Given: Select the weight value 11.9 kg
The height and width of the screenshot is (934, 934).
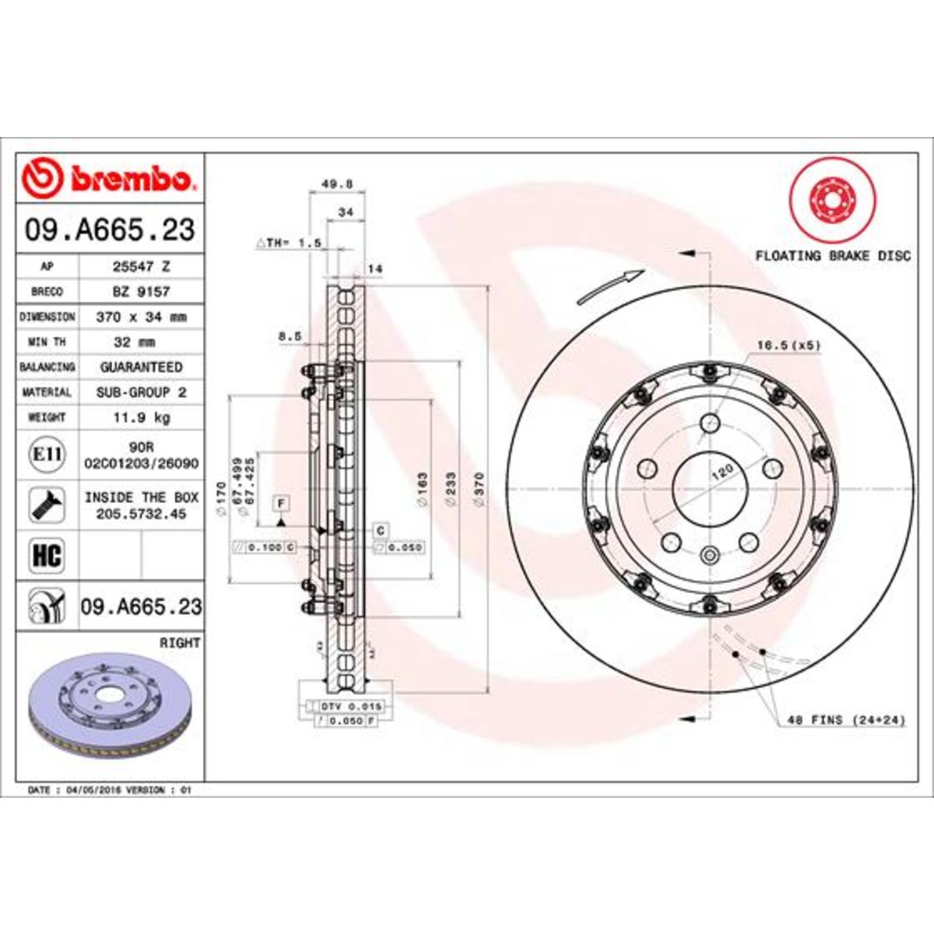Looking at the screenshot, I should (x=141, y=418).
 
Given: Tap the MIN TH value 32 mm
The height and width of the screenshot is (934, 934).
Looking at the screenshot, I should (x=141, y=342).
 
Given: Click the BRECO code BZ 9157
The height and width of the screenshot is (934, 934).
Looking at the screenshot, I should (x=141, y=291).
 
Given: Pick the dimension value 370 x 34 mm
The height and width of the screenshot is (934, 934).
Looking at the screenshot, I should (x=141, y=317).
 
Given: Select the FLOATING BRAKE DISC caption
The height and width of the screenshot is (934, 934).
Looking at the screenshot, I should (x=832, y=255).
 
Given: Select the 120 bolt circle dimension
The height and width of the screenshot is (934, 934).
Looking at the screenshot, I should (x=724, y=469).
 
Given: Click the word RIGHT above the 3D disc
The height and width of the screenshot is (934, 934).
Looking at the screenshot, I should (x=180, y=643).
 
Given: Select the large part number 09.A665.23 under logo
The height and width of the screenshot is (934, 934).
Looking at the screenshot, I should (x=109, y=230).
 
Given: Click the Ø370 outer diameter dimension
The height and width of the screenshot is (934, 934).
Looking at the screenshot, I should (x=479, y=490).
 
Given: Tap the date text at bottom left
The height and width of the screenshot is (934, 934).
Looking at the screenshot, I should (x=109, y=789).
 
